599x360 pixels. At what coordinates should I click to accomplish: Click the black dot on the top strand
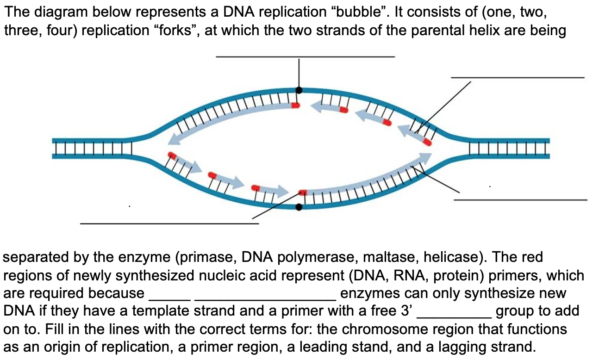pyautogui.click(x=299, y=90)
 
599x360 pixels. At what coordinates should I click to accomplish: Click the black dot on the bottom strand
pyautogui.click(x=299, y=207)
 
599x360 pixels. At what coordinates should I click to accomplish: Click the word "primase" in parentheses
pyautogui.click(x=209, y=257)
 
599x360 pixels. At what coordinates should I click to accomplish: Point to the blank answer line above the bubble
pyautogui.click(x=305, y=56)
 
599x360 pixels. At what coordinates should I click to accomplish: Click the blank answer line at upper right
pyautogui.click(x=518, y=77)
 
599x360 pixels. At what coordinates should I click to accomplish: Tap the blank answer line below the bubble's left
pyautogui.click(x=169, y=223)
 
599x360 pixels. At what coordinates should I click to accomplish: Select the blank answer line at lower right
pyautogui.click(x=520, y=199)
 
